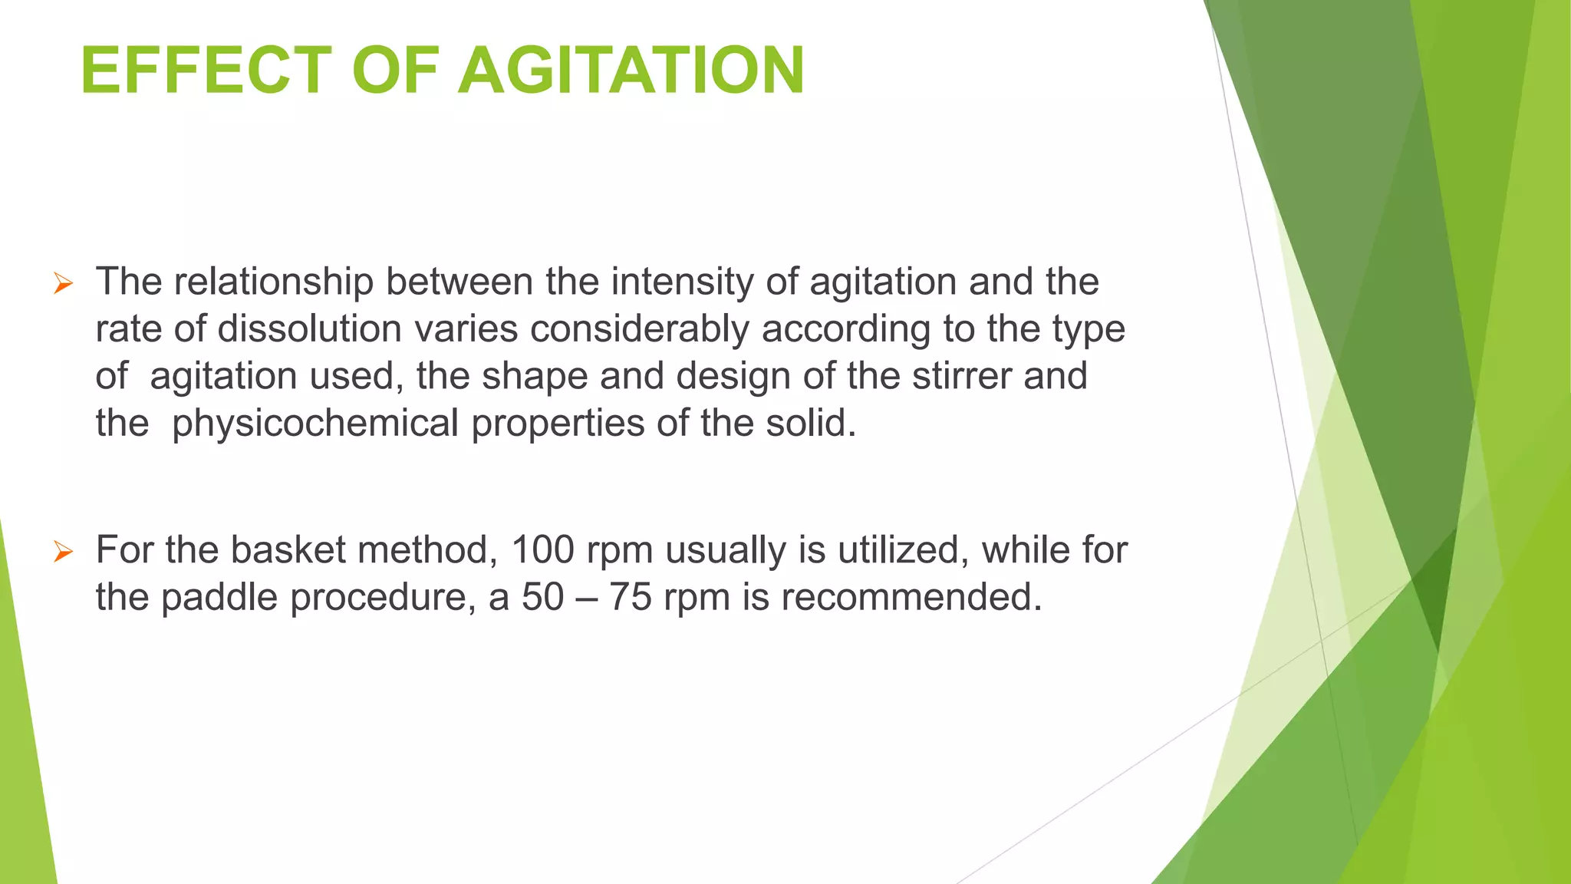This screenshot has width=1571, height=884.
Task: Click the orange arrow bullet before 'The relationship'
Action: click(63, 284)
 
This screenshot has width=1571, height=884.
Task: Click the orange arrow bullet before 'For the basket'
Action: click(63, 552)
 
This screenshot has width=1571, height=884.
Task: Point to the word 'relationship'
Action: click(273, 282)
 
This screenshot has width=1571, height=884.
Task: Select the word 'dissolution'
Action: click(309, 329)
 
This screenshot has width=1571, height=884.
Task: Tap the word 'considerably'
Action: click(639, 329)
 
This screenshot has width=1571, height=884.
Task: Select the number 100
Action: click(542, 550)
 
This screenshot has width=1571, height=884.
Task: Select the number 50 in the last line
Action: click(543, 597)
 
